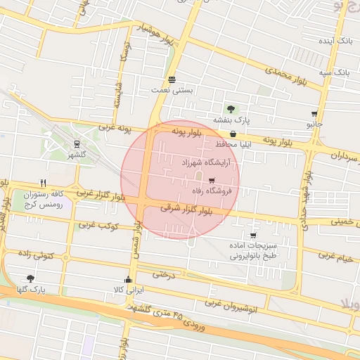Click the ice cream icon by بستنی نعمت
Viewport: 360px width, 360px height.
(x=172, y=79)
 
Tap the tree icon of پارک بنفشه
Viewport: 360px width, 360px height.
(x=231, y=109)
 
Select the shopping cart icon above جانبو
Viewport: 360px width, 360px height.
(x=314, y=113)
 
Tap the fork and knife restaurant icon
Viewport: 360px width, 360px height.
(x=43, y=182)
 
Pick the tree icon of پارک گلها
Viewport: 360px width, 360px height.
(x=30, y=278)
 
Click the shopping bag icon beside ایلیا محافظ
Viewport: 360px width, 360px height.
(x=232, y=134)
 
